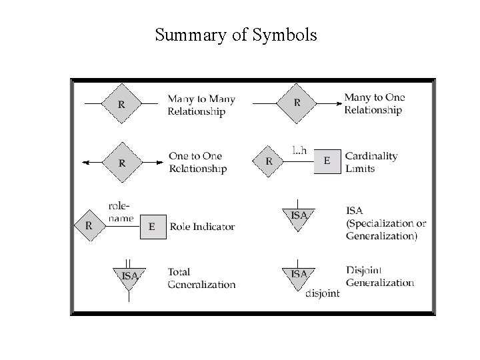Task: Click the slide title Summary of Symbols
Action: coord(236,34)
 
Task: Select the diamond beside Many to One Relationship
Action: coord(297,103)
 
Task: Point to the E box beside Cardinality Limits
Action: coord(327,161)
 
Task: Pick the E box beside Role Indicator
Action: coord(151,226)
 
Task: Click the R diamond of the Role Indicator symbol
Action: coord(89,225)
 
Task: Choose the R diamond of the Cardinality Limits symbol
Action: coord(269,161)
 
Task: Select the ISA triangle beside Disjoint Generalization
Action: coord(299,277)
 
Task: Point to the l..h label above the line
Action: coord(300,150)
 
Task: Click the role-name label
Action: coord(121,213)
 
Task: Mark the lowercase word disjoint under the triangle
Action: coord(323,293)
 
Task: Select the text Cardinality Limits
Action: coord(371,162)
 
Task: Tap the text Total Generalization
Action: coord(201,278)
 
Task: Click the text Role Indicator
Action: coord(202,227)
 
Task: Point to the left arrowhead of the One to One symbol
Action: coord(83,161)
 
